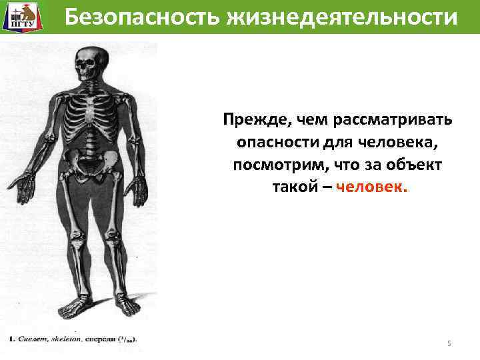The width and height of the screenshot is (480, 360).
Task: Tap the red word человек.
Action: point(371,187)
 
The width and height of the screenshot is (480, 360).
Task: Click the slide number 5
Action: point(449,343)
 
